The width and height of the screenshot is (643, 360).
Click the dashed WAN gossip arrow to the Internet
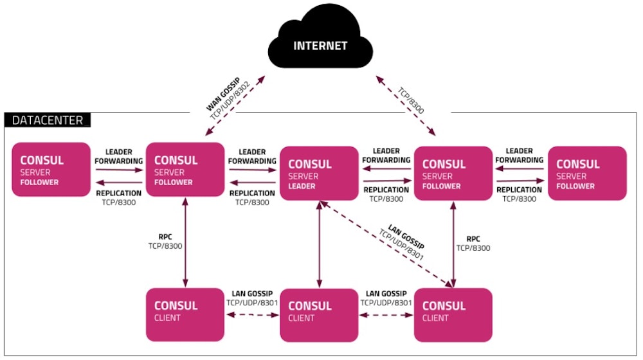tap(235, 106)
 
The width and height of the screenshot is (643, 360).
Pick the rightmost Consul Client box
tap(453, 314)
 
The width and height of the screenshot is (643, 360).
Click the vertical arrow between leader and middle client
tap(319, 244)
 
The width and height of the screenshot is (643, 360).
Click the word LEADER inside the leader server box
tap(303, 186)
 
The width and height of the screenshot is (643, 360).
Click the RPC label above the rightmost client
tap(473, 238)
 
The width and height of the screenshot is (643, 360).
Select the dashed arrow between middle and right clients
tap(386, 315)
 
